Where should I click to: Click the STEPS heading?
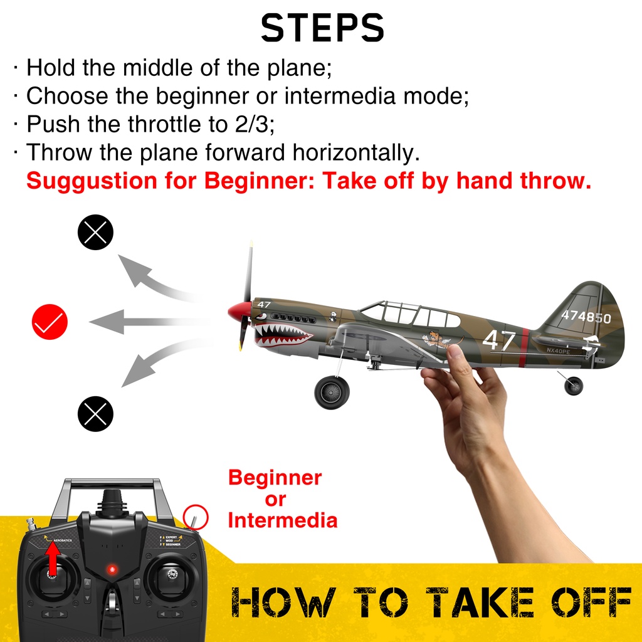pyautogui.click(x=322, y=28)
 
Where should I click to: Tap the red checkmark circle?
pyautogui.click(x=50, y=322)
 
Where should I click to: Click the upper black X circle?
pyautogui.click(x=95, y=232)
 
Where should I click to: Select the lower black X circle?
pyautogui.click(x=95, y=414)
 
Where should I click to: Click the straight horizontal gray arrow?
pyautogui.click(x=149, y=322)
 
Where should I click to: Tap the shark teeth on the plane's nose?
pyautogui.click(x=283, y=334)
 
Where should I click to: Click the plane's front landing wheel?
pyautogui.click(x=332, y=392)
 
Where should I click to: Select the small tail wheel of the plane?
pyautogui.click(x=573, y=386)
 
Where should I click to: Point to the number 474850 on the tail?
pyautogui.click(x=586, y=316)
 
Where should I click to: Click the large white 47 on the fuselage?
pyautogui.click(x=498, y=340)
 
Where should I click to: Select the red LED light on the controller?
pyautogui.click(x=112, y=569)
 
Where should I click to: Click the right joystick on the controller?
pyautogui.click(x=172, y=576)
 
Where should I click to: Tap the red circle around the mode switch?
pyautogui.click(x=196, y=517)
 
